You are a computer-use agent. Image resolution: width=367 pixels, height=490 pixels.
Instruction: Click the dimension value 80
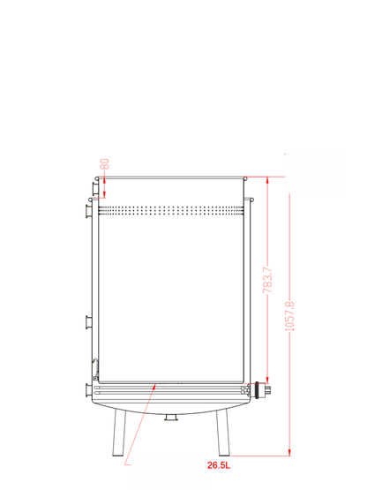coord(106,164)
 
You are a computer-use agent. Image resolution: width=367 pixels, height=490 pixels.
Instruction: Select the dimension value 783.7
coord(267,280)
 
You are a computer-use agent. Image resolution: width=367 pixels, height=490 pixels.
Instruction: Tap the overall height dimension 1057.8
coord(290,316)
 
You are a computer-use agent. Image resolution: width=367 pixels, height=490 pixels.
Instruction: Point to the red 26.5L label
coord(219,465)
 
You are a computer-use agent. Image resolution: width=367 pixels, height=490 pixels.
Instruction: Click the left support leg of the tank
coord(119,433)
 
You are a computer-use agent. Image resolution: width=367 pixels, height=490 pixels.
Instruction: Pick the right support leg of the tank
coord(222,433)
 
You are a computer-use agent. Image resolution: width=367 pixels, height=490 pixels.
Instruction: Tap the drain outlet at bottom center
coord(171,418)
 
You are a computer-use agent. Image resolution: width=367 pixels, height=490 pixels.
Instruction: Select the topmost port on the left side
coord(95,189)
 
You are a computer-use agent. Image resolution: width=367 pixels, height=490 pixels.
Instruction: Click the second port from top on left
coord(89,211)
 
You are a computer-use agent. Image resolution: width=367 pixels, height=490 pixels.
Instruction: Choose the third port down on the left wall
coord(89,322)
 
